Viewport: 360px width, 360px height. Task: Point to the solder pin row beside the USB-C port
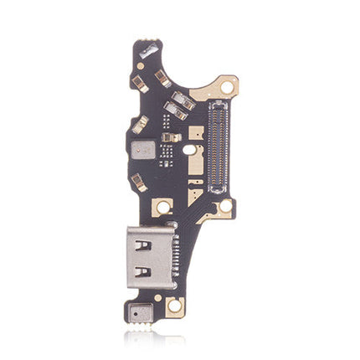(x=172, y=256)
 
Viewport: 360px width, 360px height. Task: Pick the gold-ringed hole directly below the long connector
(x=223, y=206)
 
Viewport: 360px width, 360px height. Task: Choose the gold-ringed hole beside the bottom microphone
(x=175, y=307)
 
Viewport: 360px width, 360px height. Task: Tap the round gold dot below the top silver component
(x=141, y=66)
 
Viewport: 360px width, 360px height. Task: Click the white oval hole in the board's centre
(x=190, y=149)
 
